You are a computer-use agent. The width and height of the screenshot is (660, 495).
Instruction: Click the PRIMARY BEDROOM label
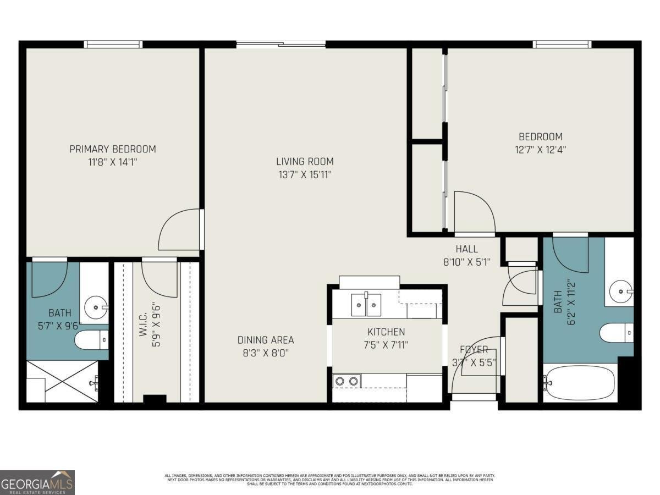[112, 149]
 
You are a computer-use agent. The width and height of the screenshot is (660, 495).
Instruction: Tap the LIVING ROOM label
[305, 162]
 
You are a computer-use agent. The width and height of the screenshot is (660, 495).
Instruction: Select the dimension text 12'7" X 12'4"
[541, 149]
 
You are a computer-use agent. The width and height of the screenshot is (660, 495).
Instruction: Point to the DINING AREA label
[266, 340]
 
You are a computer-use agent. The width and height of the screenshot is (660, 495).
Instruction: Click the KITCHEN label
[386, 332]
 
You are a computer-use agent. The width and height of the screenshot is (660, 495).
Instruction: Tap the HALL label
[466, 249]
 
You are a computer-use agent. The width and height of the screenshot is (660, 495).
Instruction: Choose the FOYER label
[474, 349]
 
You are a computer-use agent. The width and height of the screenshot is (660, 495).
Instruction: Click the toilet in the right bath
[616, 333]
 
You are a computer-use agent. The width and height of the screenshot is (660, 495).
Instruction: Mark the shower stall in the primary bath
[62, 381]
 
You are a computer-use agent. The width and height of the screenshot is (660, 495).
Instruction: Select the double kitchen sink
[366, 304]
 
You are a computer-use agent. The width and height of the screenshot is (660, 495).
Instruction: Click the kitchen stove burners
[347, 381]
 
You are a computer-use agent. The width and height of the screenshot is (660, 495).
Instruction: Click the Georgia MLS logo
[37, 482]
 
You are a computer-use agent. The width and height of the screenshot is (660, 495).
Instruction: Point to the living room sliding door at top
[280, 45]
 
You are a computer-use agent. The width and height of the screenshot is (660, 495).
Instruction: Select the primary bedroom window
[113, 45]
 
